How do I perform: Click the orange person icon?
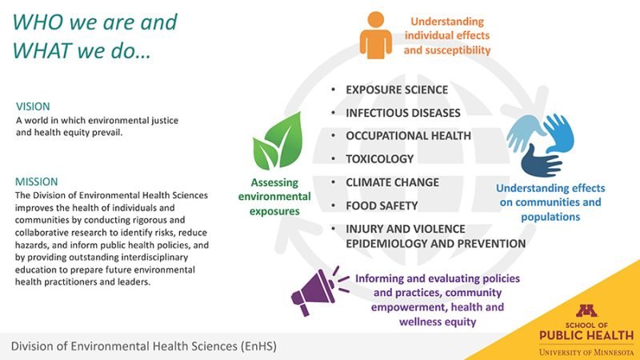point(375,35)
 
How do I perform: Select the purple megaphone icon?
point(319,290)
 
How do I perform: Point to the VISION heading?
point(33,106)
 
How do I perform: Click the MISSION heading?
point(36,182)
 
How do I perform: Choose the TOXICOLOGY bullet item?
point(379,158)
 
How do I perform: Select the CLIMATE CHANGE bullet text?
point(392,182)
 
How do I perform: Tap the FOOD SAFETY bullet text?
point(382,206)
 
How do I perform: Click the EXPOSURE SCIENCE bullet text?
point(397,90)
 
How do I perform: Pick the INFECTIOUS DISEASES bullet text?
point(403,113)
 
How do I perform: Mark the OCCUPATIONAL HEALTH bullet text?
point(408,135)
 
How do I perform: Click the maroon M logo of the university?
point(586,310)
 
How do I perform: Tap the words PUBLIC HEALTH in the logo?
point(586,335)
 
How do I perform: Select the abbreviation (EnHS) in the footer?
point(258,346)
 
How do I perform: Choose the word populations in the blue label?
point(550,217)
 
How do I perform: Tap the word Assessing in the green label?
point(274,182)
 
